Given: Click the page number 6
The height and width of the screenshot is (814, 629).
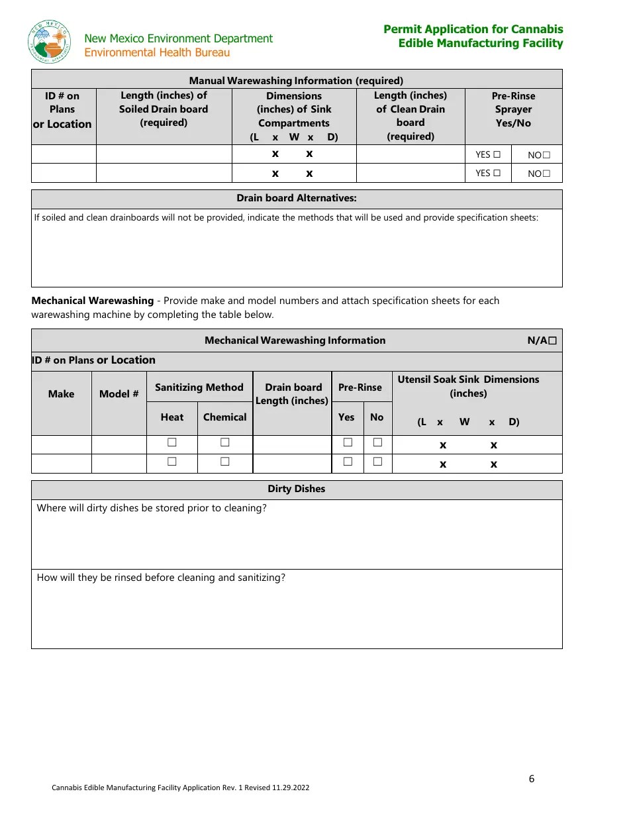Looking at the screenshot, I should click(532, 778).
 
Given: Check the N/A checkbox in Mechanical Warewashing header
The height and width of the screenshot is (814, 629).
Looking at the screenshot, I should click(552, 340).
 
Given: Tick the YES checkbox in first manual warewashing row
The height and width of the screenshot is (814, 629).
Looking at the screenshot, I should click(497, 154).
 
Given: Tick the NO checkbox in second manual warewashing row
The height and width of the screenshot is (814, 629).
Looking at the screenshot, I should click(546, 174).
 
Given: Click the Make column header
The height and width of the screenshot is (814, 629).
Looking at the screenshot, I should click(61, 394).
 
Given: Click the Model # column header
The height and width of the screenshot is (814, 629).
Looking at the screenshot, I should click(119, 394).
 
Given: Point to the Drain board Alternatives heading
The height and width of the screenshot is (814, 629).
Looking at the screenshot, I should click(297, 198).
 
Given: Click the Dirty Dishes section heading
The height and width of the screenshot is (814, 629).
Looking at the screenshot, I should click(296, 489).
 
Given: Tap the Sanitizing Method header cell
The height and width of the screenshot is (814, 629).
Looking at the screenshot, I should click(199, 387).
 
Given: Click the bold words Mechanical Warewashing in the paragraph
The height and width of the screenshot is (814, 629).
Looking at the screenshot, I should click(92, 301).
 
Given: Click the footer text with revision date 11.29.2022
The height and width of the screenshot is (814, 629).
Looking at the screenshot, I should click(180, 788).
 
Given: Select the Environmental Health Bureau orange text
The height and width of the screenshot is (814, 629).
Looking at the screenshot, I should click(157, 52).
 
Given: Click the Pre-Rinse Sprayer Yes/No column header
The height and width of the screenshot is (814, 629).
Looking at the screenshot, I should click(513, 109).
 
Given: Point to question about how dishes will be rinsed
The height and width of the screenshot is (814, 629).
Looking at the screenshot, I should click(161, 578).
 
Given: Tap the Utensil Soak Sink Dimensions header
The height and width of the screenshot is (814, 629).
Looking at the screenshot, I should click(468, 386).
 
